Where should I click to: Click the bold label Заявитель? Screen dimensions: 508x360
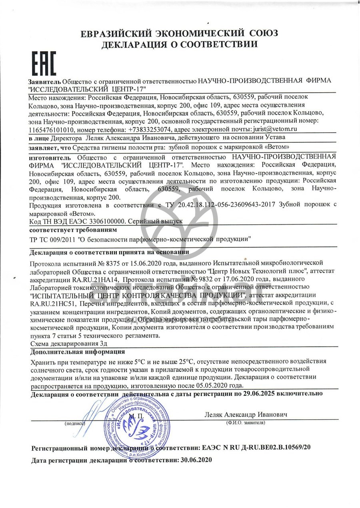point(45,81)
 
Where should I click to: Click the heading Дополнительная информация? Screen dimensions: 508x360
point(78,352)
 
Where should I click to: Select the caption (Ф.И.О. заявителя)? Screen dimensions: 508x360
point(245,422)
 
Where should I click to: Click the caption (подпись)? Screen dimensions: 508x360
point(75,422)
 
